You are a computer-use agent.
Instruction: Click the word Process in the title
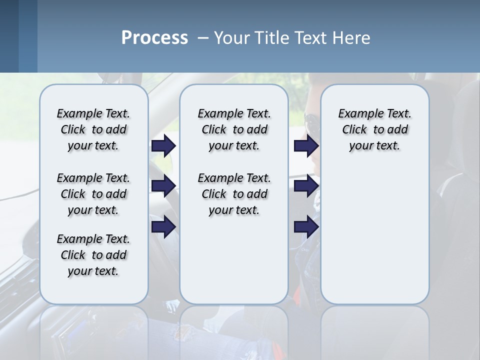point(154,37)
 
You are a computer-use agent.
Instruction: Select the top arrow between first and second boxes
point(163,145)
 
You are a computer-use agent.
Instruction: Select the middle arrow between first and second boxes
point(163,186)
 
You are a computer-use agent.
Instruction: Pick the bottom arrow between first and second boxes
point(163,226)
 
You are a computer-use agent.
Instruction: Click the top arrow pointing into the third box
point(306,145)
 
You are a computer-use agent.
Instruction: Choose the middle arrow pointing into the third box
point(306,186)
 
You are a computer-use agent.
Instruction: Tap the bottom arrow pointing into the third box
point(306,226)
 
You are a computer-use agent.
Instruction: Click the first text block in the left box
point(93,129)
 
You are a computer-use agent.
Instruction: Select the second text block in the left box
point(93,194)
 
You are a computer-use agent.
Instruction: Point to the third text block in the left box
point(93,255)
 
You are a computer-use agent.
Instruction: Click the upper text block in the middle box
point(234,129)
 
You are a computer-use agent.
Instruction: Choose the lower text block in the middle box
point(234,194)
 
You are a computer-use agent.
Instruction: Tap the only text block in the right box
point(374,129)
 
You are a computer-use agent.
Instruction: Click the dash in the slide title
point(203,38)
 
